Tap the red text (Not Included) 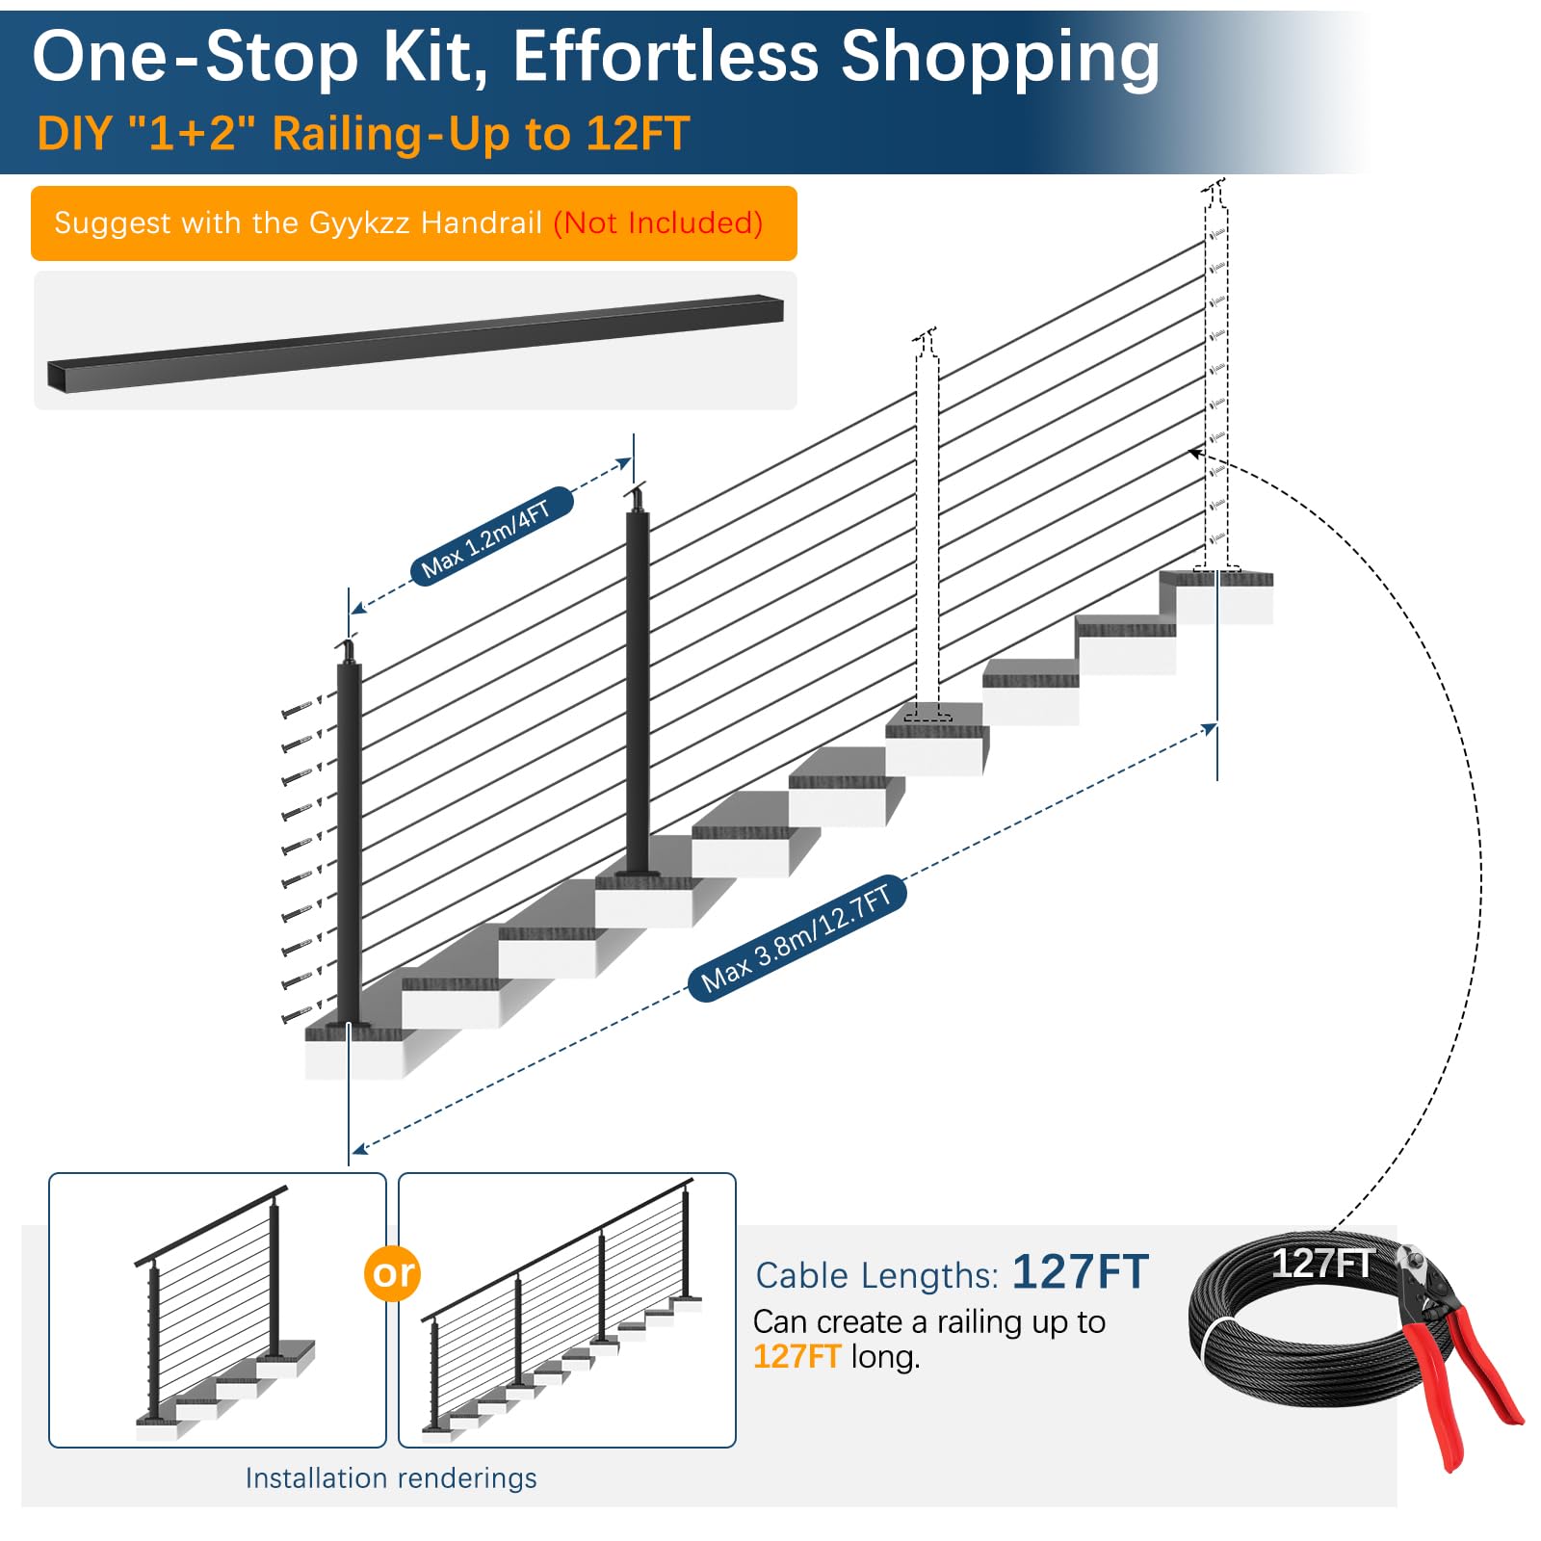[x=658, y=222]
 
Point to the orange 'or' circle [x=393, y=1272]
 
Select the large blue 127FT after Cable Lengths [x=1081, y=1271]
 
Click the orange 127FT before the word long [x=797, y=1356]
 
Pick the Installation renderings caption [x=391, y=1477]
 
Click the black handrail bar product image [x=415, y=342]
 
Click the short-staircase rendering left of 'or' [x=218, y=1310]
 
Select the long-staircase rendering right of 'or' [x=567, y=1310]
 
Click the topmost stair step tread [x=1216, y=578]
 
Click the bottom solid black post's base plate [x=351, y=1026]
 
